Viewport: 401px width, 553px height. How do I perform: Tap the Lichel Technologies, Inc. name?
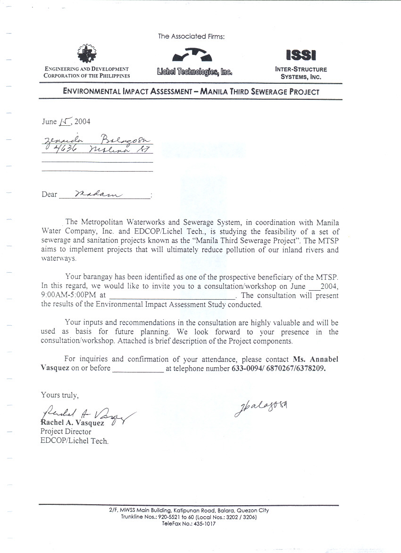tap(195, 72)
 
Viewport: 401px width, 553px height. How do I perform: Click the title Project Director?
tap(66, 432)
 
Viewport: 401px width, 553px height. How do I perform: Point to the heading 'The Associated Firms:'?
tap(192, 36)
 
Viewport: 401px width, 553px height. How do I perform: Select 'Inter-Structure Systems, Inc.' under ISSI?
tap(301, 72)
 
